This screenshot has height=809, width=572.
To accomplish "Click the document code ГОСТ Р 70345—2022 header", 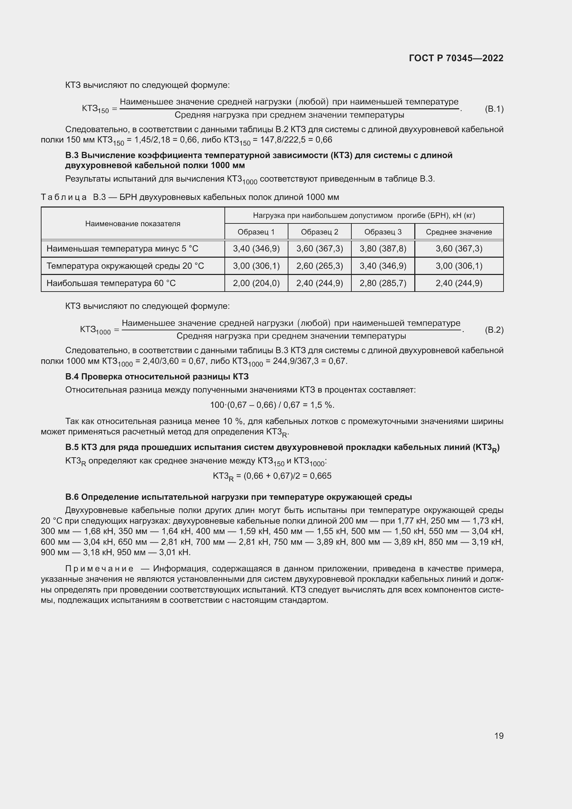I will point(456,58).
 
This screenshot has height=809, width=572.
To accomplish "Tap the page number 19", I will point(499,736).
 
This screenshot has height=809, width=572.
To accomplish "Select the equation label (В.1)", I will point(494,109).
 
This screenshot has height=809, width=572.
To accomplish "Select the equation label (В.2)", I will point(494,330).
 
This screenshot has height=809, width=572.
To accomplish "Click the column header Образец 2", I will point(320,232).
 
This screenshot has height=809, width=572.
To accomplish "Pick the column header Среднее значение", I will point(459,232).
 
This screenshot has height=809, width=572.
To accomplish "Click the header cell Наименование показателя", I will point(133,224).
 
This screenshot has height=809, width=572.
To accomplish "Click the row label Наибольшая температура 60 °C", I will point(111,283).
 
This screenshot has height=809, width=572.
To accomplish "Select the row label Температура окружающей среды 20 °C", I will point(125,266).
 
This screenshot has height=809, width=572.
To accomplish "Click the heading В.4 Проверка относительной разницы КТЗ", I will point(157,377).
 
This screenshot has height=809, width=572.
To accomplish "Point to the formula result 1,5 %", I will point(322,405).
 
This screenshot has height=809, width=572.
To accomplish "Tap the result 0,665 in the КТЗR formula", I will point(321,476).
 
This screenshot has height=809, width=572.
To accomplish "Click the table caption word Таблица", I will point(64,197).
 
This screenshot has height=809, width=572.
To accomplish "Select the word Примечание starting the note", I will point(99,569).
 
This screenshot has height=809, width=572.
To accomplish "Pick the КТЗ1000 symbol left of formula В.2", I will point(95,330).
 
